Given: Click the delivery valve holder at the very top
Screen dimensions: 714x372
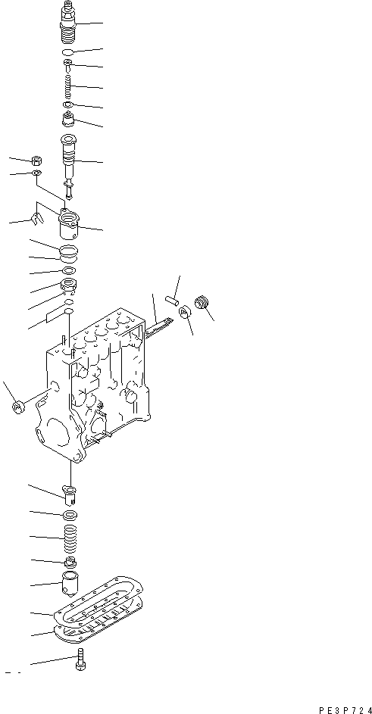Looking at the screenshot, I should pos(68,23).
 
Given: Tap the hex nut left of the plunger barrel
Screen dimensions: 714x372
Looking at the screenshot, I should pos(36,161).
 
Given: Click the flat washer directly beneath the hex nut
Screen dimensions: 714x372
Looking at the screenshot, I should pos(37,175).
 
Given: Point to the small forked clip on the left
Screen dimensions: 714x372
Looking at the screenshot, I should pos(34,220).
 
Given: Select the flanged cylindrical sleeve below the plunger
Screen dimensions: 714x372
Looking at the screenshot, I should pos(70,225).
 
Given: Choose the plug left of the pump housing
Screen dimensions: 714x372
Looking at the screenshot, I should pos(18,407).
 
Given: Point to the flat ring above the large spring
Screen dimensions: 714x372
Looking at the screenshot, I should pos(69,516).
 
